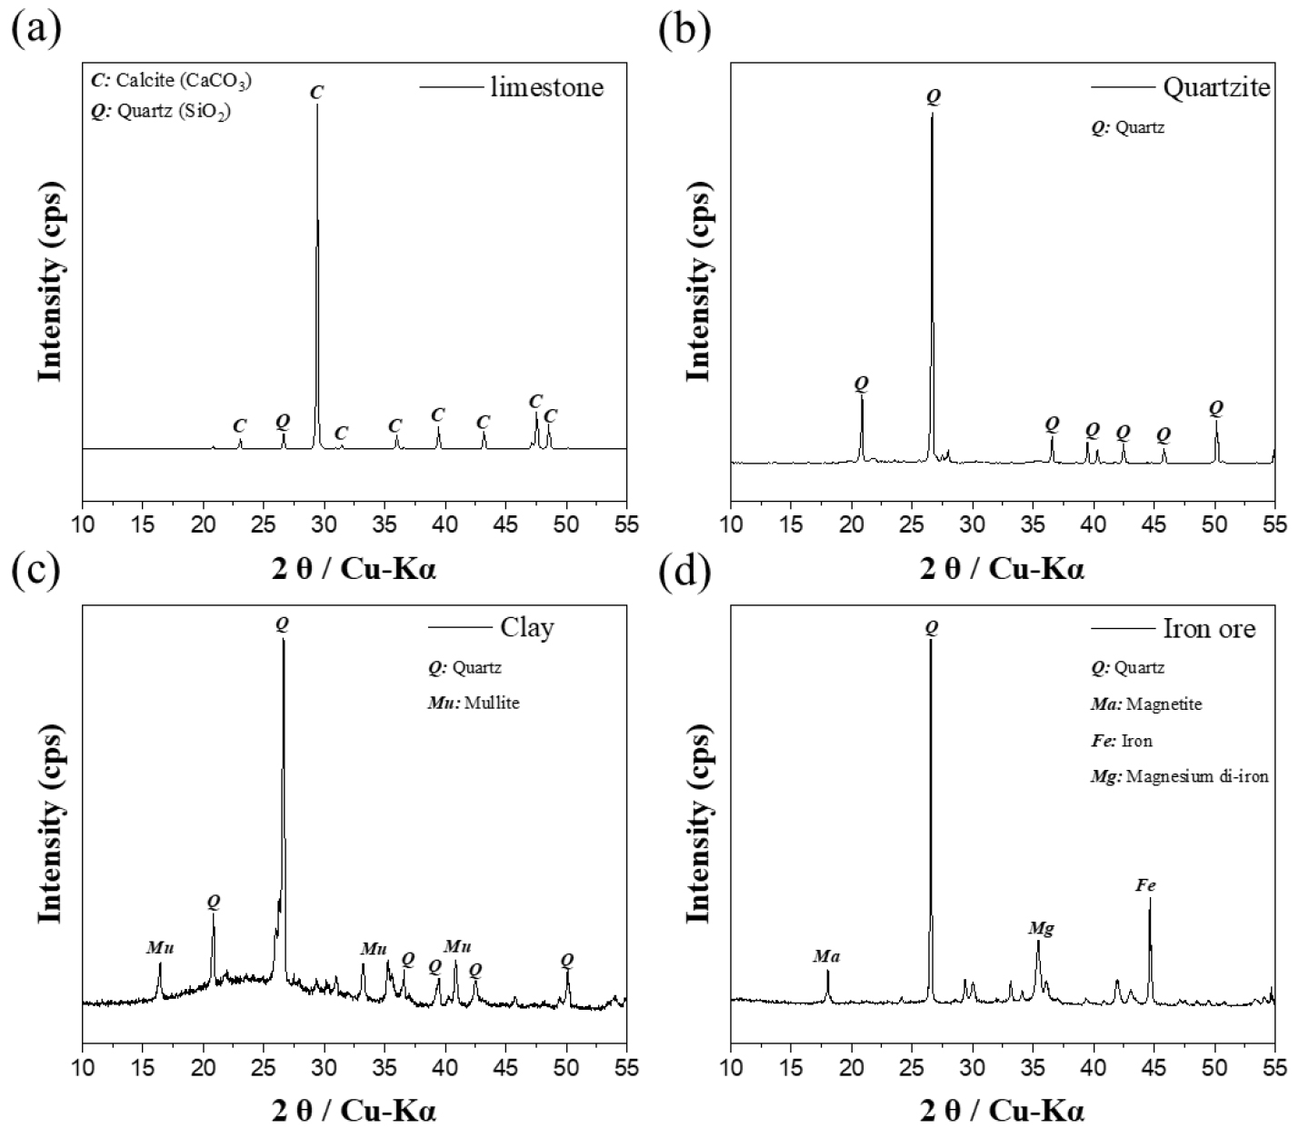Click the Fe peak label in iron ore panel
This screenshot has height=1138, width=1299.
coord(1145,884)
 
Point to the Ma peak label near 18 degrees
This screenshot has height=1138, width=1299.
coord(826,956)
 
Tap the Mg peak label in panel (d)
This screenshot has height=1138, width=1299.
coord(1041,928)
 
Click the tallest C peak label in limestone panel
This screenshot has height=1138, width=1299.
coord(316,92)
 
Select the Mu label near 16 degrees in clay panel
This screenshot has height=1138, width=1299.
coord(159,948)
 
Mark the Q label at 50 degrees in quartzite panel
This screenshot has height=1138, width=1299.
coord(1215,407)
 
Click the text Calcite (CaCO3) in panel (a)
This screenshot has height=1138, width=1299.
coord(182,80)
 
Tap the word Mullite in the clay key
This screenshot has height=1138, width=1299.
coord(492,703)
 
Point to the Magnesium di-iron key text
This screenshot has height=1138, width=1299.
coord(1197,776)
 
